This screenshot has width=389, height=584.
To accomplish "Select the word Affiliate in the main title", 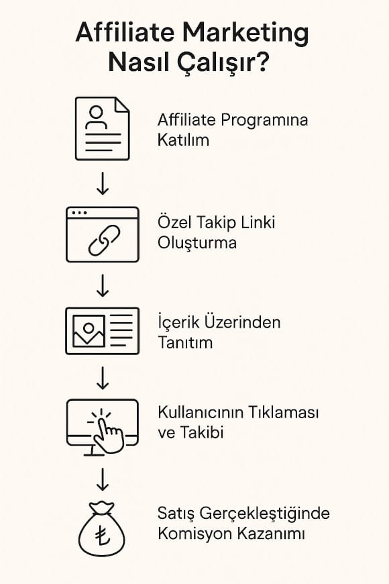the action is tap(125, 32).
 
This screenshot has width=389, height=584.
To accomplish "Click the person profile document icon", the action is tap(103, 129).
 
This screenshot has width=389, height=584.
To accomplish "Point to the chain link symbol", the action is tap(104, 240).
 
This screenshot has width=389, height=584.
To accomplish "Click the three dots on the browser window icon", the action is tap(79, 213).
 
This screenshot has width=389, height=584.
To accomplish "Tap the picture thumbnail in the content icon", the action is tap(89, 331).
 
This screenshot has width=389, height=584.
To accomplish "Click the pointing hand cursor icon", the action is tap(109, 434).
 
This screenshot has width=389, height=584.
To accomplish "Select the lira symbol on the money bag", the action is tap(102, 535).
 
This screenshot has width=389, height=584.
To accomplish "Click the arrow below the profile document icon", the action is tap(103, 184).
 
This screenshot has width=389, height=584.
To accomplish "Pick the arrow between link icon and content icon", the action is tap(103, 285).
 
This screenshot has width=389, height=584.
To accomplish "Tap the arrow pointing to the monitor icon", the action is tap(103, 378).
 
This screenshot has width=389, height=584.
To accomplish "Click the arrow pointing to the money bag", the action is tap(103, 479).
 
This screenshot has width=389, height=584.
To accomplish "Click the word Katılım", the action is tap(183, 140).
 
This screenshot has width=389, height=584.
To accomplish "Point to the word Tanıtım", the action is tap(185, 342).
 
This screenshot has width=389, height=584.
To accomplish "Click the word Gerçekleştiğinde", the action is tap(265, 514).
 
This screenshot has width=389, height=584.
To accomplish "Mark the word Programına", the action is tap(264, 121).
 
